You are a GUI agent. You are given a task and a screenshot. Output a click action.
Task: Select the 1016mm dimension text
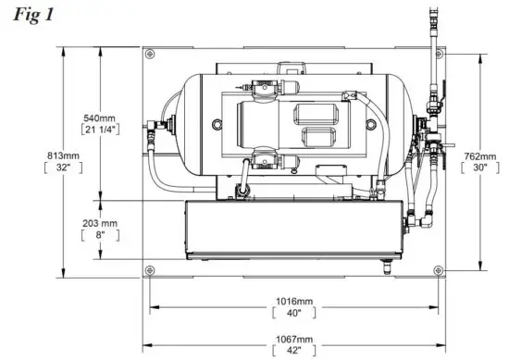(x=293, y=301)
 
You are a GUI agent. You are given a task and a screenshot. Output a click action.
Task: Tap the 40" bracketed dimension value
(x=293, y=313)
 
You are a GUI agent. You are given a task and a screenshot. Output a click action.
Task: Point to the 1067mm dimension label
(x=293, y=339)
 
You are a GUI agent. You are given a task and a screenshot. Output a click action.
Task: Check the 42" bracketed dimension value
(x=293, y=351)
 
